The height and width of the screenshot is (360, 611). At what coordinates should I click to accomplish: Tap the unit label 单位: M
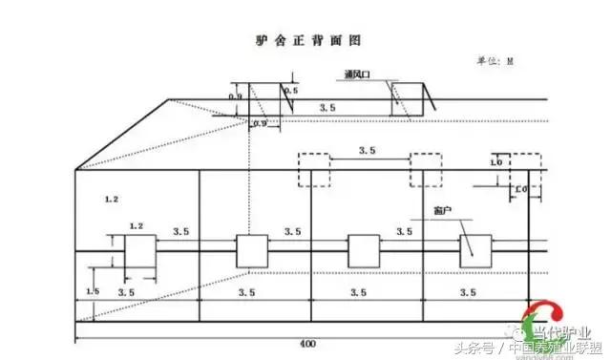(x=495, y=60)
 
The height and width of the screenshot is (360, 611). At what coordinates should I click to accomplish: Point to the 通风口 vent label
(x=359, y=74)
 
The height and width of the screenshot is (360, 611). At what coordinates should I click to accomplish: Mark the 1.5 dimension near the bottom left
(x=93, y=290)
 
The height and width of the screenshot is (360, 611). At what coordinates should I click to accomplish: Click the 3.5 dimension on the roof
(x=327, y=109)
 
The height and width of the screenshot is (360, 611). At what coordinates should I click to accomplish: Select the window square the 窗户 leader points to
(x=474, y=250)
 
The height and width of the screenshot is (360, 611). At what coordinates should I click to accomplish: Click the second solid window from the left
(x=252, y=251)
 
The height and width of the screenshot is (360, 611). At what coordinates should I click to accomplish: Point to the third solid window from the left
(x=363, y=251)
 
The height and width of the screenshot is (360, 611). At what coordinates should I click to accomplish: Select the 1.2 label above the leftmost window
(x=136, y=225)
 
